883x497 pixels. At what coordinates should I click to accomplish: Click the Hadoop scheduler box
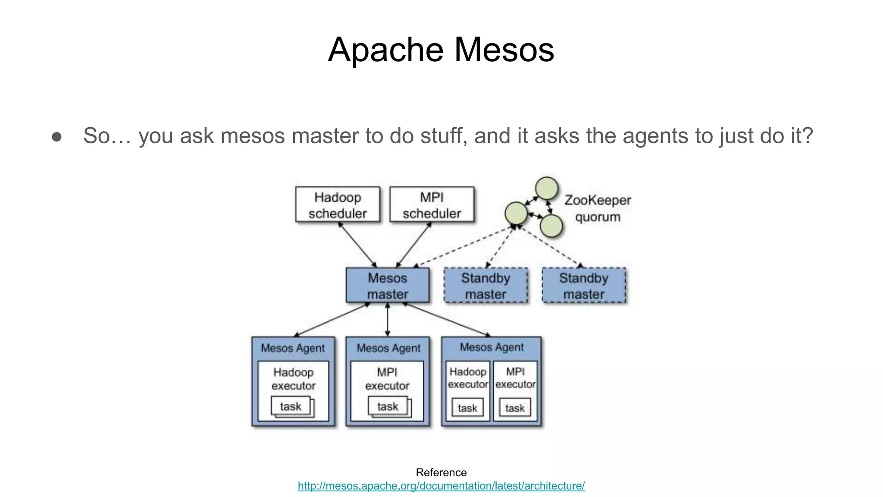(x=338, y=204)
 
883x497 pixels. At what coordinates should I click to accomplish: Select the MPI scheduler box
(x=432, y=204)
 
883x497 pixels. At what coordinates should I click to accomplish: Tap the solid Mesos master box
(x=387, y=285)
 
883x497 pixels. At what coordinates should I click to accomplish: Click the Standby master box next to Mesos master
(x=485, y=285)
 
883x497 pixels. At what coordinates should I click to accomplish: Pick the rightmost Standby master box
(x=583, y=285)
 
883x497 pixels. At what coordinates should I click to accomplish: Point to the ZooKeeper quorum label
(x=598, y=208)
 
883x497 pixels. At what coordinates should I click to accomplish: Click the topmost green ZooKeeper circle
(x=547, y=189)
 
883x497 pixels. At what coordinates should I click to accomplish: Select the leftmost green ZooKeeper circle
(x=516, y=213)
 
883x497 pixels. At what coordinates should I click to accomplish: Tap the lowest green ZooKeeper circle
(x=551, y=226)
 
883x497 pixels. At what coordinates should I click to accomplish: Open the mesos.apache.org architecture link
(x=441, y=486)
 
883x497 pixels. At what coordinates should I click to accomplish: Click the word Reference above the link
(x=441, y=472)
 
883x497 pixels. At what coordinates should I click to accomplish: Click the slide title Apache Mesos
(x=441, y=50)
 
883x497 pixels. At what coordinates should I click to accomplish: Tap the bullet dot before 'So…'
(x=56, y=137)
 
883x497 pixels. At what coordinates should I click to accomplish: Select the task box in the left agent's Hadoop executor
(x=291, y=406)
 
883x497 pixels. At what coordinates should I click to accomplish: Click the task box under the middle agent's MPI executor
(x=388, y=406)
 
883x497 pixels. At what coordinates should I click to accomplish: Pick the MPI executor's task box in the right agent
(x=515, y=408)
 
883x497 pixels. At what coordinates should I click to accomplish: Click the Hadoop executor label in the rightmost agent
(x=467, y=377)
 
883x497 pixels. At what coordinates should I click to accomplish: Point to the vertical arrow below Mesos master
(x=388, y=320)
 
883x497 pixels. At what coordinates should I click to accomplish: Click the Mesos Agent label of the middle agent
(x=388, y=348)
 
